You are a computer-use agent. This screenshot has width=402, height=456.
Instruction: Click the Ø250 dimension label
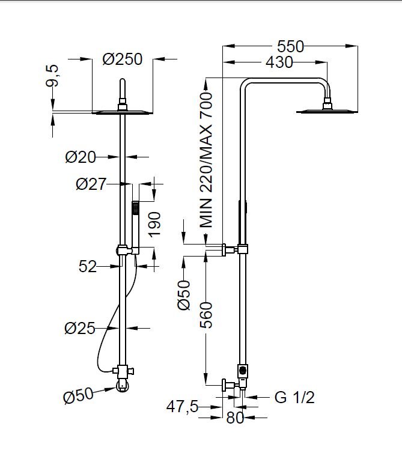pos(122,59)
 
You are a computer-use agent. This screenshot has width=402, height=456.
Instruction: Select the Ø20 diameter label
pos(81,157)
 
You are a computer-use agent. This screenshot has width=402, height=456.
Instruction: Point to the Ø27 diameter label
pos(91,184)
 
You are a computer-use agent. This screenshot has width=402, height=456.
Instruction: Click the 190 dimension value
pos(155,225)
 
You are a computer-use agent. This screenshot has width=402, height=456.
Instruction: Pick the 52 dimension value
pos(88,266)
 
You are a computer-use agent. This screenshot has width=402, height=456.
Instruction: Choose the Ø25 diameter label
pos(81,328)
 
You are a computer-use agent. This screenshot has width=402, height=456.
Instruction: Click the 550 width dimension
pos(290,46)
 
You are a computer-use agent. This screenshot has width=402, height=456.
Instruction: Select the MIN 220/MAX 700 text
pos(207,159)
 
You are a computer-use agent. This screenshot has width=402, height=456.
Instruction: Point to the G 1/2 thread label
pos(294,397)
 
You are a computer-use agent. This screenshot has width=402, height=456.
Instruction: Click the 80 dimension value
pos(235,418)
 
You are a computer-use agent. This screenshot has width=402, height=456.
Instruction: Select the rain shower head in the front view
pos(123,111)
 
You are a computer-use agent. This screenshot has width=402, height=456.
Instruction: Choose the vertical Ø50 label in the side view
pos(184,295)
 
